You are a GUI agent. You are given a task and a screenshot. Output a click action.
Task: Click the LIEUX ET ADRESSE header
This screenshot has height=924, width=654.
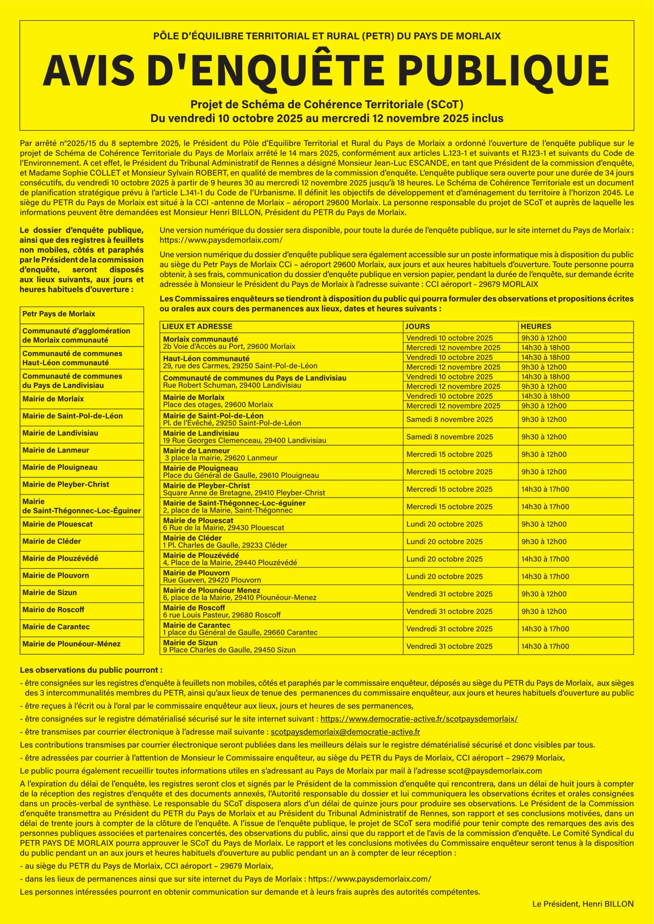pyautogui.click(x=197, y=326)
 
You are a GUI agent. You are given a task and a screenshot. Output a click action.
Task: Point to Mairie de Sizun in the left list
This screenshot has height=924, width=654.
pyautogui.click(x=49, y=592)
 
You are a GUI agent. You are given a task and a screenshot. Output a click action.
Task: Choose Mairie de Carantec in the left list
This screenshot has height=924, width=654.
pyautogui.click(x=56, y=627)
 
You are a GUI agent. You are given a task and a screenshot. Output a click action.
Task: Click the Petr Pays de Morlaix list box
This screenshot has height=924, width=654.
pyautogui.click(x=59, y=314)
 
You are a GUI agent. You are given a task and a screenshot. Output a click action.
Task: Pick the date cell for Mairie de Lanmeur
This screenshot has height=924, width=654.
pyautogui.click(x=449, y=454)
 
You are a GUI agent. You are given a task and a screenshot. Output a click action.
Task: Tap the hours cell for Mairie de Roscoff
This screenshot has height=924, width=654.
pyautogui.click(x=544, y=611)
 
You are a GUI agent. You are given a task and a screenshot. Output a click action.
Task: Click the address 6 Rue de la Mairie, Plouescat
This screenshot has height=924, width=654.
pyautogui.click(x=224, y=528)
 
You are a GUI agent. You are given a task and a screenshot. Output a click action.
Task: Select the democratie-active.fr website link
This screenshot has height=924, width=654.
pyautogui.click(x=419, y=719)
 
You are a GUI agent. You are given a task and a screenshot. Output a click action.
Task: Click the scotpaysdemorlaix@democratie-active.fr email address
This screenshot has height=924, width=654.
pyautogui.click(x=346, y=732)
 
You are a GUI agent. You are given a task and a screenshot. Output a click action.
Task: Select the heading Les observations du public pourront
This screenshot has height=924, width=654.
pyautogui.click(x=91, y=671)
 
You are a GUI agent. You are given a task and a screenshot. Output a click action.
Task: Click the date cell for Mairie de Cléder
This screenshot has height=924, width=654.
pyautogui.click(x=444, y=541)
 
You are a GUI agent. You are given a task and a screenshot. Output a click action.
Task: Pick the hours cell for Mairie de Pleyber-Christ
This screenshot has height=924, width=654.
pyautogui.click(x=545, y=489)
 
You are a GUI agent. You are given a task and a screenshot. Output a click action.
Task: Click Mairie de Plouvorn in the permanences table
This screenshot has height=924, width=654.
pyautogui.click(x=196, y=573)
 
